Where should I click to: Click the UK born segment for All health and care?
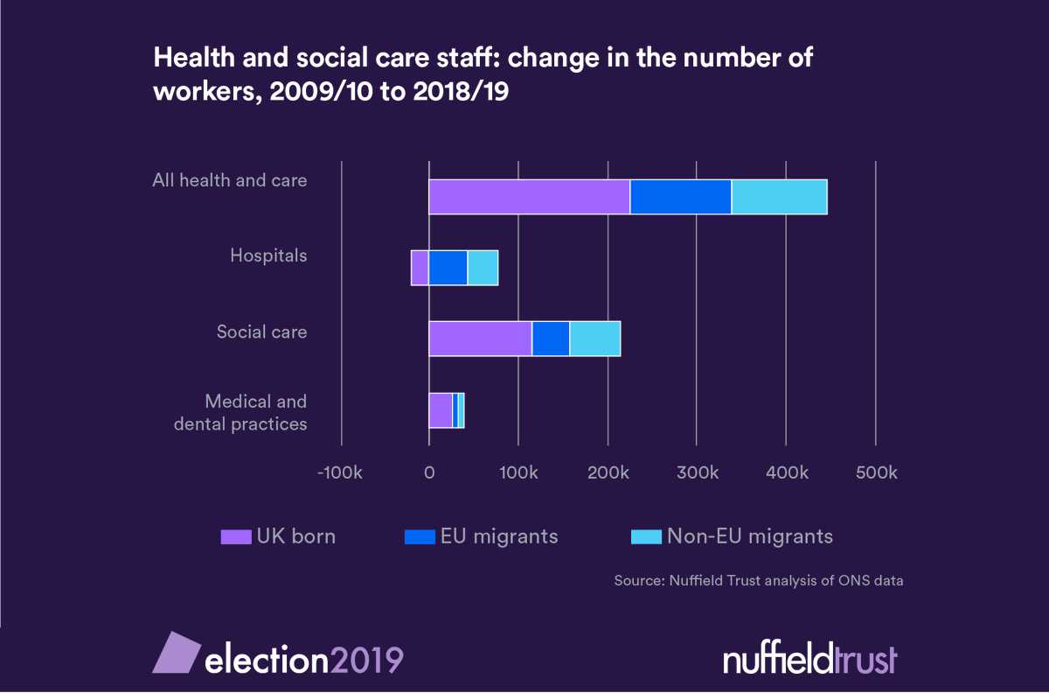click(529, 197)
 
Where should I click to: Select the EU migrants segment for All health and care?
click(680, 197)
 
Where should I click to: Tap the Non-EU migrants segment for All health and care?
click(779, 197)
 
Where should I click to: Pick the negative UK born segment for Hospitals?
click(420, 268)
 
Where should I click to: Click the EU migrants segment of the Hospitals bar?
click(448, 268)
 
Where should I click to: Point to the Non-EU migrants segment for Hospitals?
click(483, 268)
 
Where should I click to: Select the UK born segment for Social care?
click(480, 339)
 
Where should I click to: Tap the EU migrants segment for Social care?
click(551, 339)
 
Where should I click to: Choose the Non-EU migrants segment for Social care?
click(595, 339)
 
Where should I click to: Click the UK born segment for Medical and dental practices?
click(441, 410)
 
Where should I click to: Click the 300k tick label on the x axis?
click(697, 473)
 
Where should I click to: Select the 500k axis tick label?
click(876, 473)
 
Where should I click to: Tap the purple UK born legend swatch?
click(235, 536)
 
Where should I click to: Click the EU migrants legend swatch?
click(419, 536)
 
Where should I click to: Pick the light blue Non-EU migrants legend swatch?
click(646, 536)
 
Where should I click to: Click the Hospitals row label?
click(268, 256)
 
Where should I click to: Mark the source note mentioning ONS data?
click(758, 580)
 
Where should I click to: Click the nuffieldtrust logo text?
click(809, 659)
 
